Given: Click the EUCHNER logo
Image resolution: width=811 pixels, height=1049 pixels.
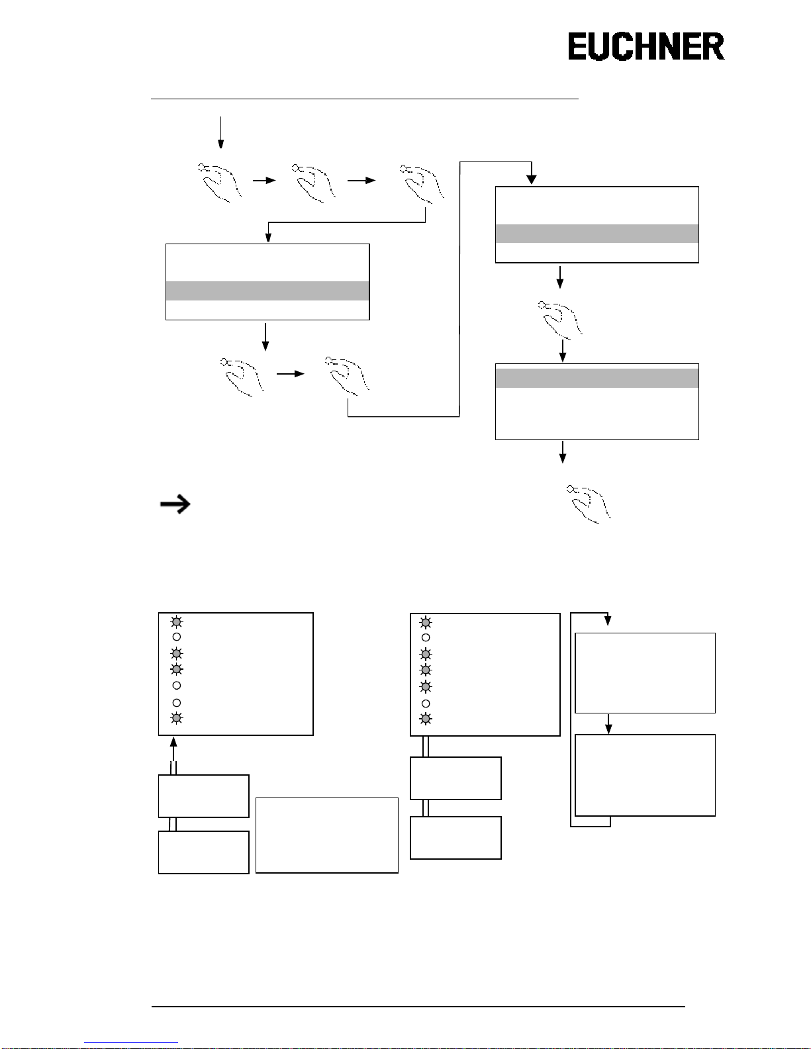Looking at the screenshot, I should [x=645, y=47].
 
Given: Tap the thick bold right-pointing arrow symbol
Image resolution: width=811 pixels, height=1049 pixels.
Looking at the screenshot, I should [x=175, y=504].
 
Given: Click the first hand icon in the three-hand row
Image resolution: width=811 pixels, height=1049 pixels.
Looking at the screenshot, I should [x=220, y=182].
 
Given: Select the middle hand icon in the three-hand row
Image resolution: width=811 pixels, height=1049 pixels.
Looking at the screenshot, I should [x=314, y=182].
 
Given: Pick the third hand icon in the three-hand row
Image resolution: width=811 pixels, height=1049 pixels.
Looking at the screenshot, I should [x=422, y=182].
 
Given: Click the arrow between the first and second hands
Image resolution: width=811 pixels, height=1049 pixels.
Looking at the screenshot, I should [x=264, y=180].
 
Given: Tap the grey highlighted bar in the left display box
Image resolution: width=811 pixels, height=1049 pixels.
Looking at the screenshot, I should [x=267, y=291].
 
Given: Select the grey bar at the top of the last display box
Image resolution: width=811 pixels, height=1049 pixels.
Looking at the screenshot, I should [x=597, y=378].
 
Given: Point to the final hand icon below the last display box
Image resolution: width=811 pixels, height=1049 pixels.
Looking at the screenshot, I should [x=589, y=504].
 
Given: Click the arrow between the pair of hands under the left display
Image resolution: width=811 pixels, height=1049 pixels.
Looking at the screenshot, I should [x=290, y=374].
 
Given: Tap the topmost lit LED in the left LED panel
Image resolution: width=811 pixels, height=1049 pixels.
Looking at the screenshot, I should [x=176, y=621].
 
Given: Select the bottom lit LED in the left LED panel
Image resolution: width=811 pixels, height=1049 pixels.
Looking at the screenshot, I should [x=176, y=718].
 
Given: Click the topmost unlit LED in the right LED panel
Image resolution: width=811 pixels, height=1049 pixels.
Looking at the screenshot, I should [x=426, y=637].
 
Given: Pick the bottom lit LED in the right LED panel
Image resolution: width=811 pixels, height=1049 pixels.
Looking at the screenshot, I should [x=426, y=719].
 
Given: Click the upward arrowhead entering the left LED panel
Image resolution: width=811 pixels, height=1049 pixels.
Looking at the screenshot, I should [x=173, y=741].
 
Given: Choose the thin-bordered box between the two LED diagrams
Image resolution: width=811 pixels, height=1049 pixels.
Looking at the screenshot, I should [x=327, y=835].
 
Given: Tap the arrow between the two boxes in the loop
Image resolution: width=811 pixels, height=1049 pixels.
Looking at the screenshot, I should [x=608, y=723].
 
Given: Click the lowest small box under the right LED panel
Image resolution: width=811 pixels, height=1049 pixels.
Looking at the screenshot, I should [x=455, y=838].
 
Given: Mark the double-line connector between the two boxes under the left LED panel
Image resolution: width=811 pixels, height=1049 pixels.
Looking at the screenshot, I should [x=173, y=824].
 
